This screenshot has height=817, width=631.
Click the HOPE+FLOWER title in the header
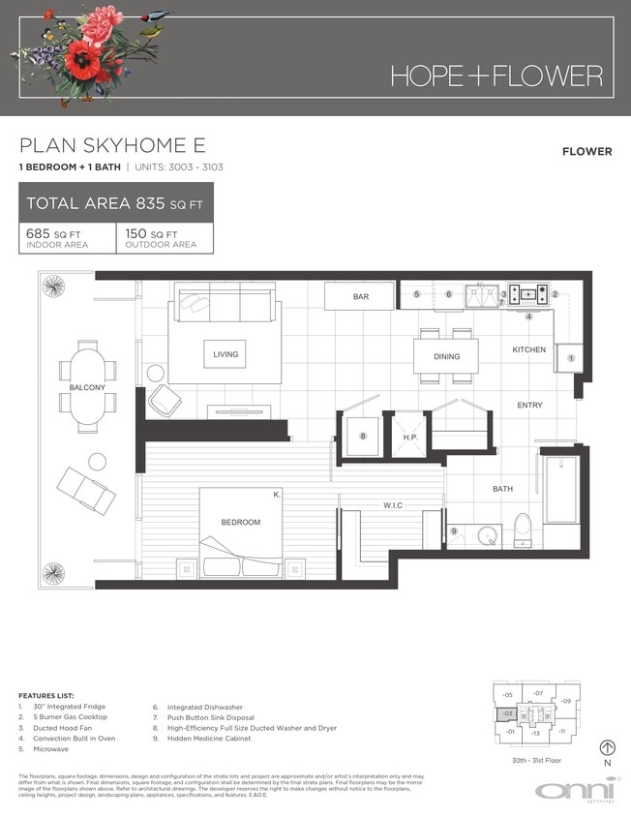496,76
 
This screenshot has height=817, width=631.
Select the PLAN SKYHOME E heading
112,146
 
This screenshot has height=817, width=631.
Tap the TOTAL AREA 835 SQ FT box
116,203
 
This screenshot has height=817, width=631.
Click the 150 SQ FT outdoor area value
150,234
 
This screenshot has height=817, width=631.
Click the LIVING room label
225,355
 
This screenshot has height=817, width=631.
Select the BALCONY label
87,387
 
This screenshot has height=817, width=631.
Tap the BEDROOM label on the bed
240,523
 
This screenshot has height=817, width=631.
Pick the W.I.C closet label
392,504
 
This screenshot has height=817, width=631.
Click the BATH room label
502,489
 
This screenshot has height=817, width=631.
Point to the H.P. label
409,438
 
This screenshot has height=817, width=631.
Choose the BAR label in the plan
360,297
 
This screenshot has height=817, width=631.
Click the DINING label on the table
446,357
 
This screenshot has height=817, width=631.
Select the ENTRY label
529,405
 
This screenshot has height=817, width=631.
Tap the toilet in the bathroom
524,530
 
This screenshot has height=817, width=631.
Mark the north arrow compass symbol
608,747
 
